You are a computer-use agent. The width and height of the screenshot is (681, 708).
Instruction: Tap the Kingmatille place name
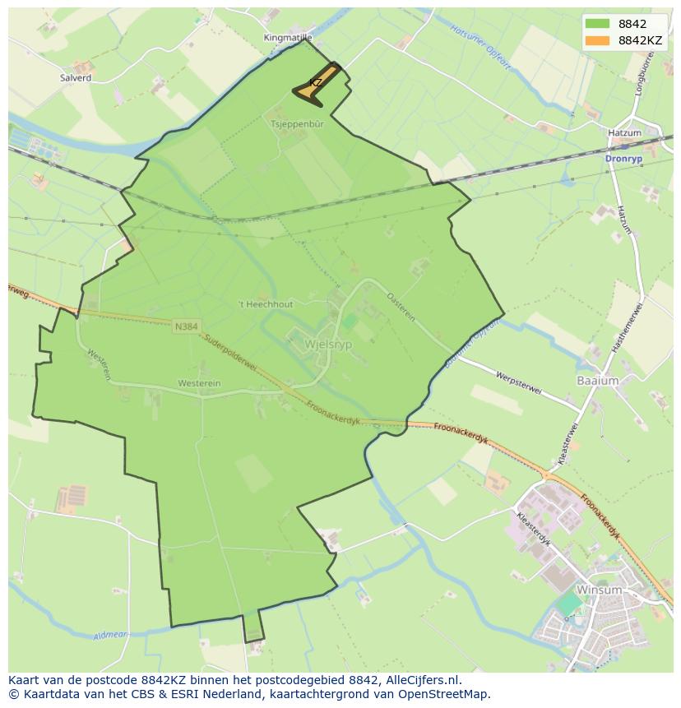pyautogui.click(x=288, y=38)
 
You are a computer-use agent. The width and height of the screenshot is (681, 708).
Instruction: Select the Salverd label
pyautogui.click(x=75, y=78)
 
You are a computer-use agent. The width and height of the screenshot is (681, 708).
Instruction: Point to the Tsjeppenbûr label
pyautogui.click(x=298, y=123)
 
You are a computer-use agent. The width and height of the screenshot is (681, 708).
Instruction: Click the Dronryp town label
pyautogui.click(x=622, y=159)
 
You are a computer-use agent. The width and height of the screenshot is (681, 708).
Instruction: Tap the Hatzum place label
pyautogui.click(x=623, y=132)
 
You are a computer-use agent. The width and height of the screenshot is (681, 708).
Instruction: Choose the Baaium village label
pyautogui.click(x=597, y=381)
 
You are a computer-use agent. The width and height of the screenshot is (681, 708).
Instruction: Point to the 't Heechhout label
pyautogui.click(x=265, y=304)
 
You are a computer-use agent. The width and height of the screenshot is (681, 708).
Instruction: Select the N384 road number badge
pyautogui.click(x=186, y=326)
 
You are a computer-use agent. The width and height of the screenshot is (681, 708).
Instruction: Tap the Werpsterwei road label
pyautogui.click(x=518, y=383)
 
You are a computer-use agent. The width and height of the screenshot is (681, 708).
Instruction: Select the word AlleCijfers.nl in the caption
pyautogui.click(x=423, y=681)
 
